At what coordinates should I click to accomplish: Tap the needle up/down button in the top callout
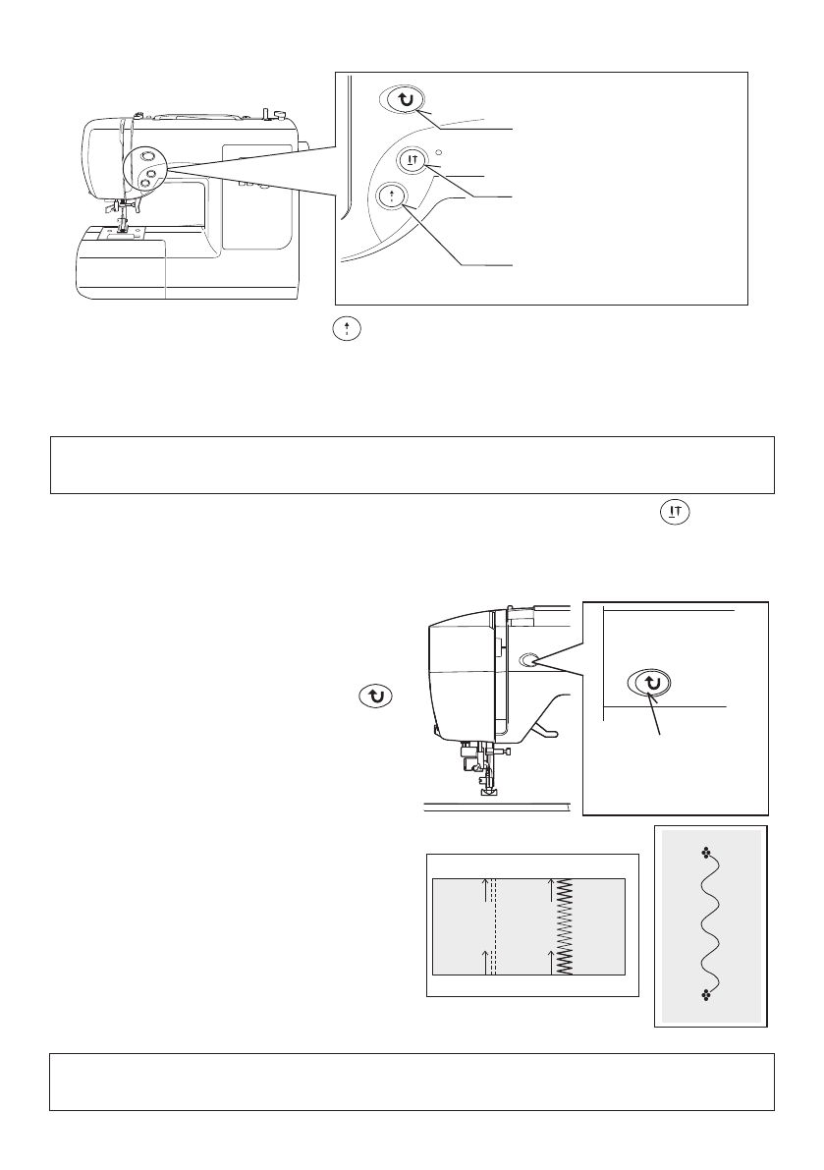(413, 160)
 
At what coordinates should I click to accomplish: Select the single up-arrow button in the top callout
(392, 197)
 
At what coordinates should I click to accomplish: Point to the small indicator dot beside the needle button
(440, 152)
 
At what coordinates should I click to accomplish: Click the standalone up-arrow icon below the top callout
(336, 332)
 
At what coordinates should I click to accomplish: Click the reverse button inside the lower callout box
(649, 684)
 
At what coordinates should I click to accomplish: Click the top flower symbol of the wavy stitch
(705, 854)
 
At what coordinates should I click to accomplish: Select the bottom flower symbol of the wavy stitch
(705, 995)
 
